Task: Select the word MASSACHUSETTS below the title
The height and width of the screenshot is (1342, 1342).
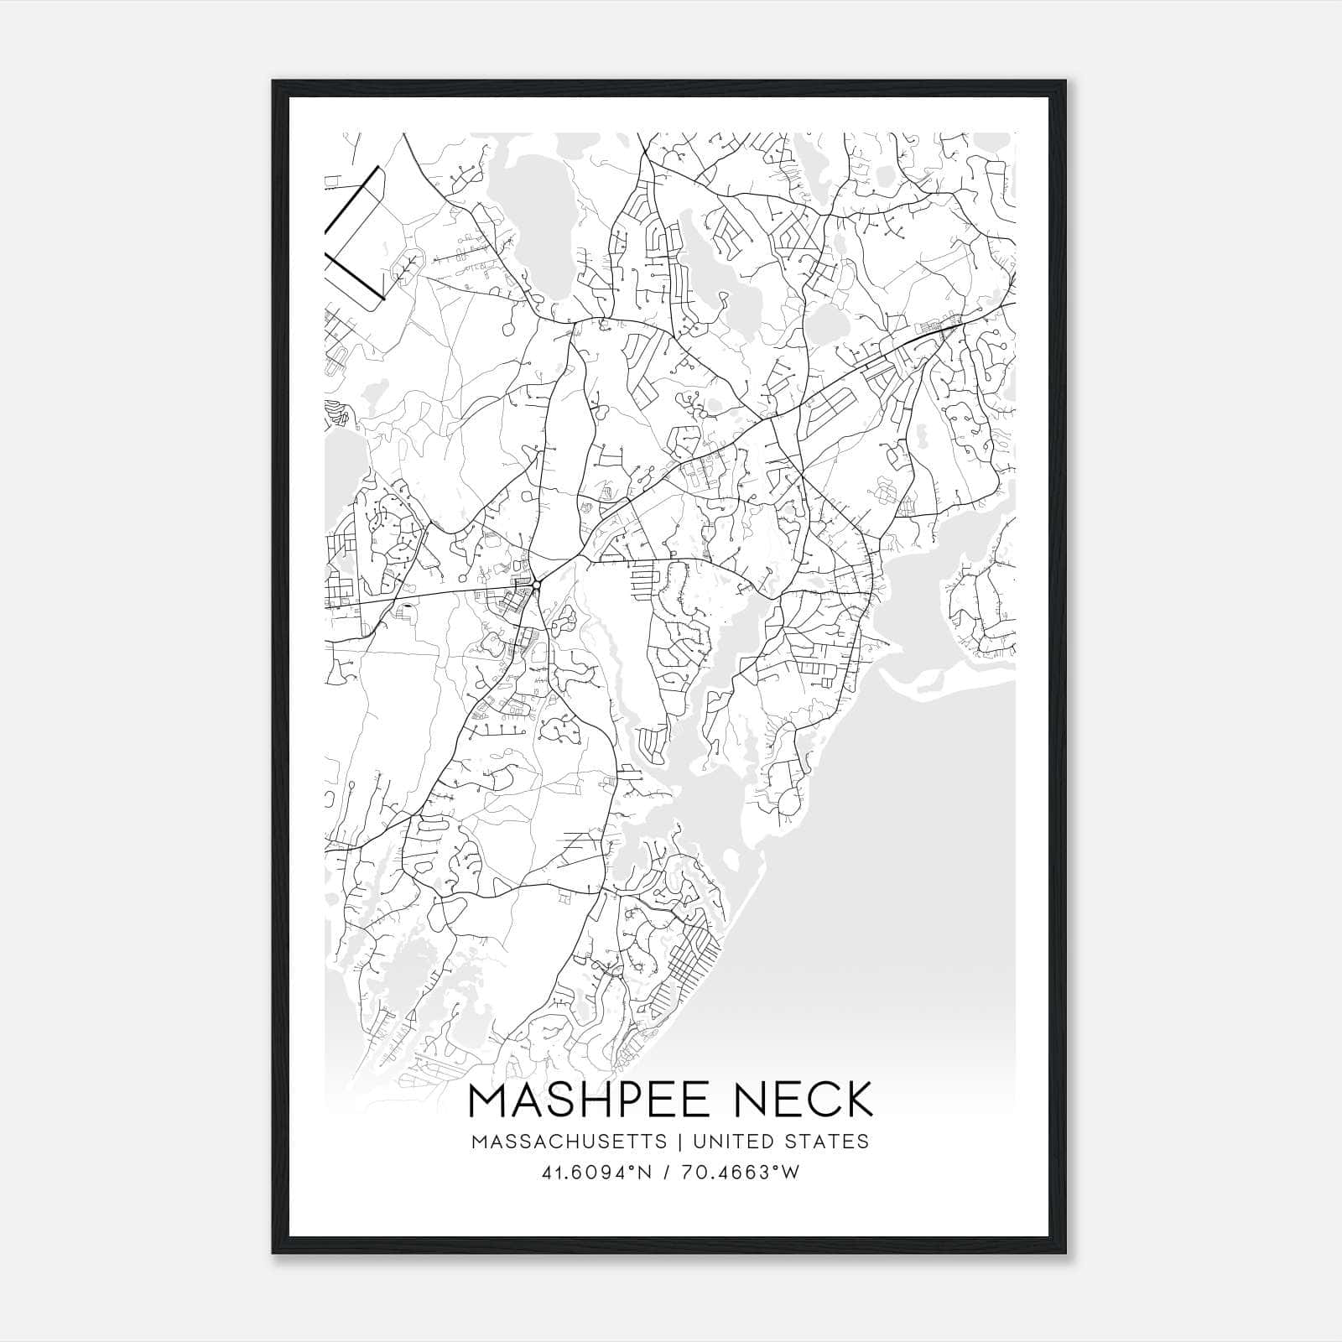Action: click(570, 1142)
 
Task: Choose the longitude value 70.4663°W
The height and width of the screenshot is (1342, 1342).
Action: click(742, 1172)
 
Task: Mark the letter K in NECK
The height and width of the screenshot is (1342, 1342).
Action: click(856, 1100)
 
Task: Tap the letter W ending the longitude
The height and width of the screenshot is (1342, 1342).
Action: click(791, 1172)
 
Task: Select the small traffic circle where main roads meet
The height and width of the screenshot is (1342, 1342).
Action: click(536, 585)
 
